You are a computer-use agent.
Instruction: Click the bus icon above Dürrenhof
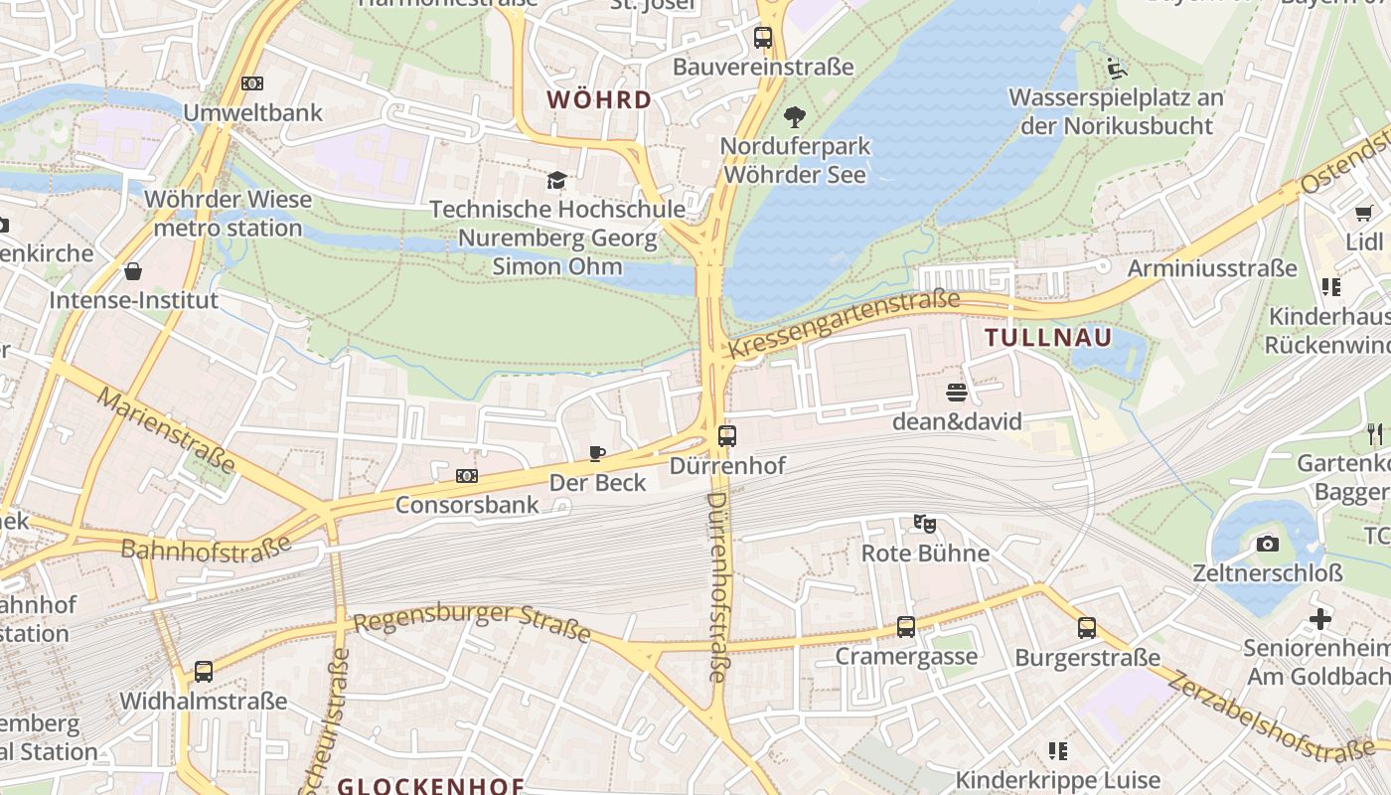pyautogui.click(x=727, y=435)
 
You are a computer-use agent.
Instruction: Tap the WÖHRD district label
pyautogui.click(x=599, y=99)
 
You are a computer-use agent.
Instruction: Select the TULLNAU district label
pyautogui.click(x=1048, y=338)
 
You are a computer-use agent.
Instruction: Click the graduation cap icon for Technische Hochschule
pyautogui.click(x=556, y=181)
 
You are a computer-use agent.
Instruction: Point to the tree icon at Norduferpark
pyautogui.click(x=794, y=117)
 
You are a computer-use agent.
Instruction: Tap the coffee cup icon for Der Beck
pyautogui.click(x=597, y=454)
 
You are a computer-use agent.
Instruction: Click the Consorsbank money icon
pyautogui.click(x=467, y=476)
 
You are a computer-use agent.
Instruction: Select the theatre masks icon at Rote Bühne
pyautogui.click(x=925, y=524)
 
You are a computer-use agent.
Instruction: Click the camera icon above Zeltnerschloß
pyautogui.click(x=1267, y=544)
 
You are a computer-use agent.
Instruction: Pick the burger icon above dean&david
pyautogui.click(x=957, y=393)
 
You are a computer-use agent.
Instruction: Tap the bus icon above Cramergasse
pyautogui.click(x=905, y=627)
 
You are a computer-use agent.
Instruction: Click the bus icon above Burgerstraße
pyautogui.click(x=1087, y=628)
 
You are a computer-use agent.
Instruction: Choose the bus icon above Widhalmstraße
pyautogui.click(x=204, y=672)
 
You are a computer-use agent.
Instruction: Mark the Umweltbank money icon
pyautogui.click(x=252, y=83)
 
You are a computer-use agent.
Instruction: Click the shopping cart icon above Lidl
pyautogui.click(x=1364, y=213)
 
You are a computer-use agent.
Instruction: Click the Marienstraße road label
pyautogui.click(x=166, y=429)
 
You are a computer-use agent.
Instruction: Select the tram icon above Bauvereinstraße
pyautogui.click(x=763, y=38)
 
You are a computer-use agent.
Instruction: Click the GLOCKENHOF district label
pyautogui.click(x=430, y=786)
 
